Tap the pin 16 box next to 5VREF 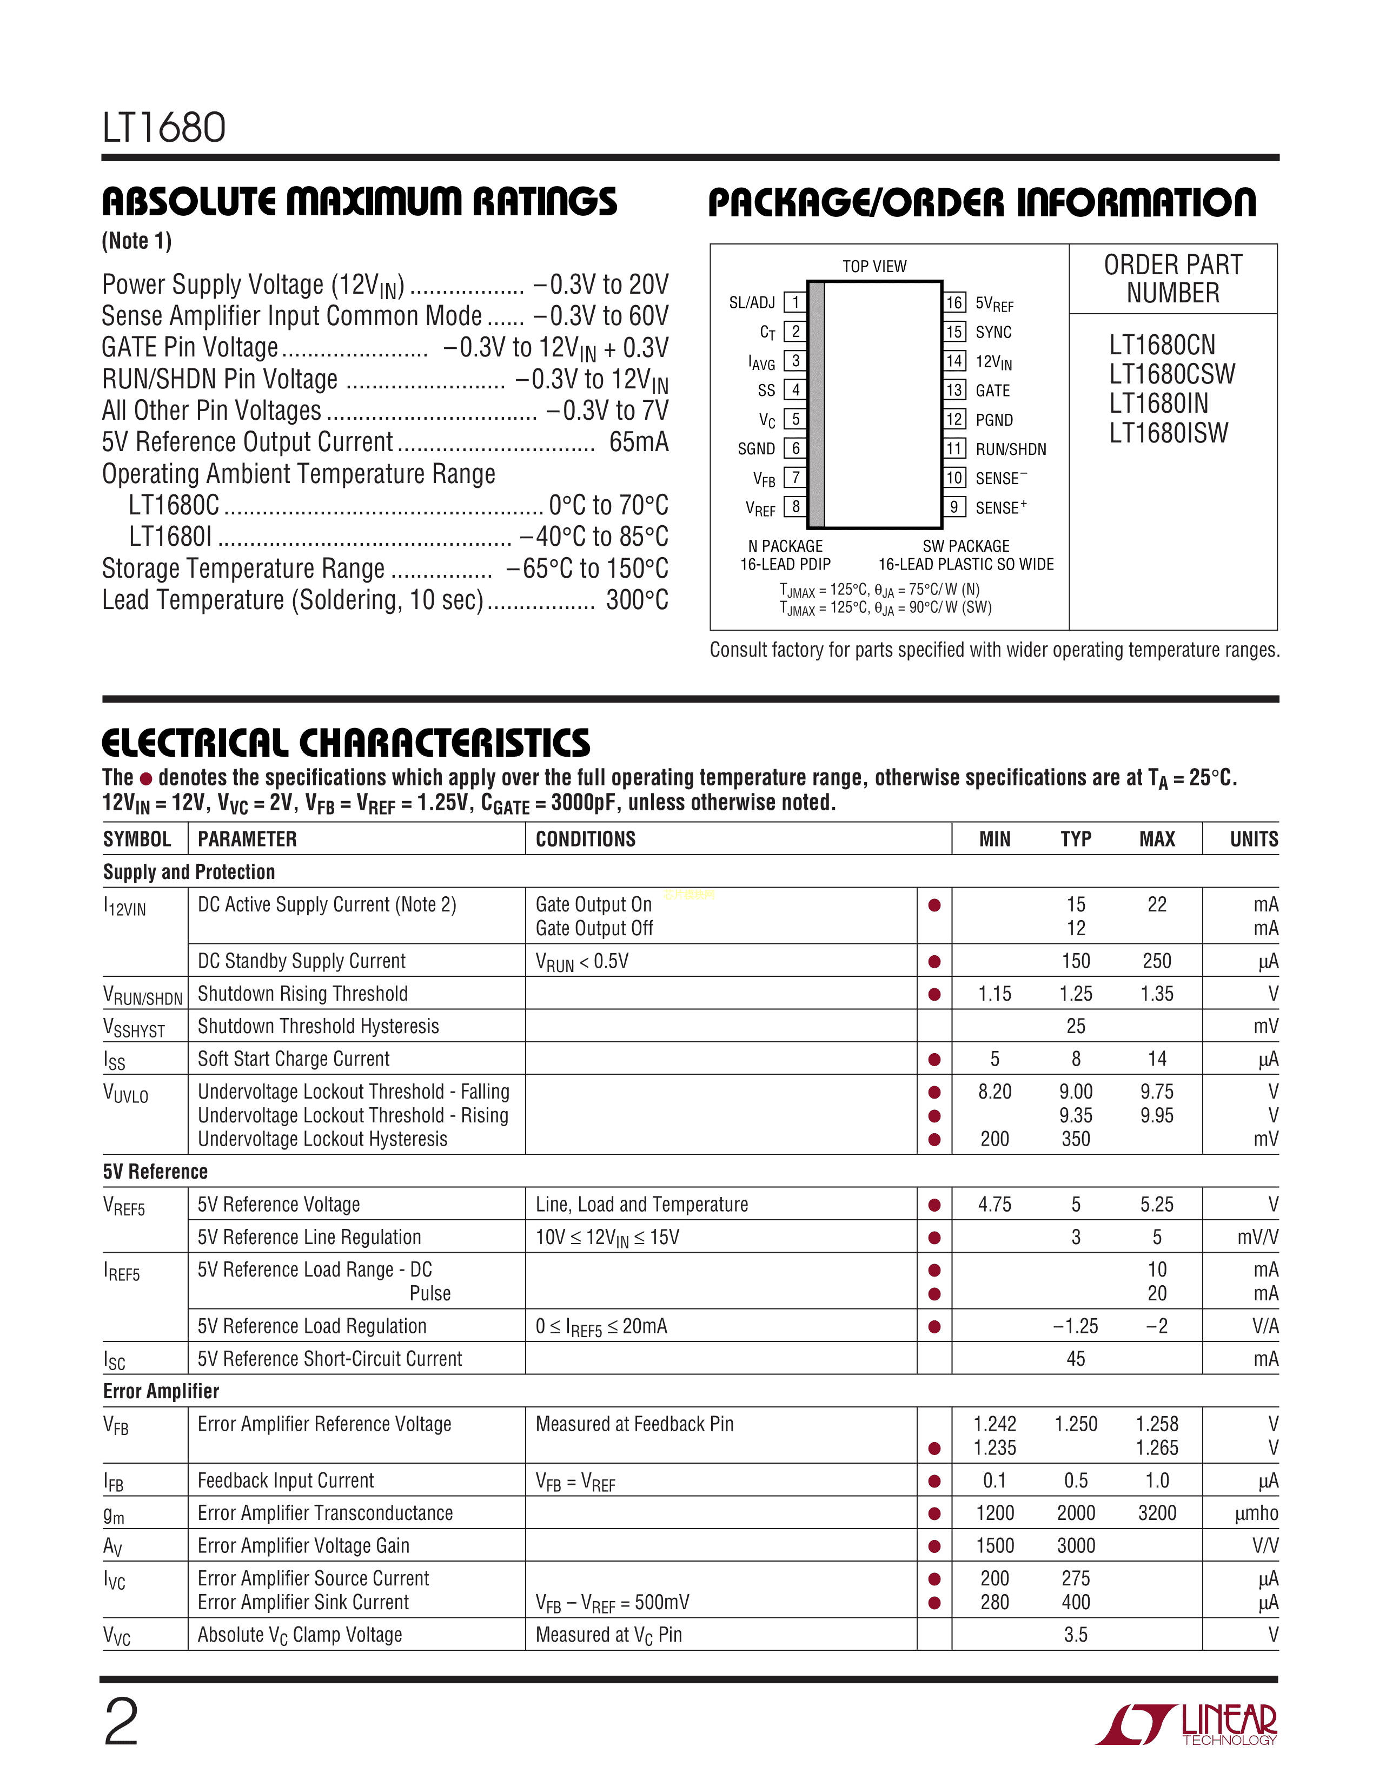click(x=954, y=302)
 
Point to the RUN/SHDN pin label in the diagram click(x=1011, y=449)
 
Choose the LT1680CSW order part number click(x=1171, y=374)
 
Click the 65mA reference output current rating click(x=639, y=442)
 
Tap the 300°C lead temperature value click(x=637, y=600)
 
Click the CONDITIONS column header click(x=585, y=839)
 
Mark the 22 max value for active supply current click(x=1157, y=905)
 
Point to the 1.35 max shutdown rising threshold click(x=1157, y=994)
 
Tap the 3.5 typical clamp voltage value click(x=1076, y=1635)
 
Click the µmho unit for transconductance click(x=1256, y=1513)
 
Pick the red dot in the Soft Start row click(x=934, y=1060)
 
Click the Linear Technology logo click(x=1186, y=1724)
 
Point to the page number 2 click(x=122, y=1723)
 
